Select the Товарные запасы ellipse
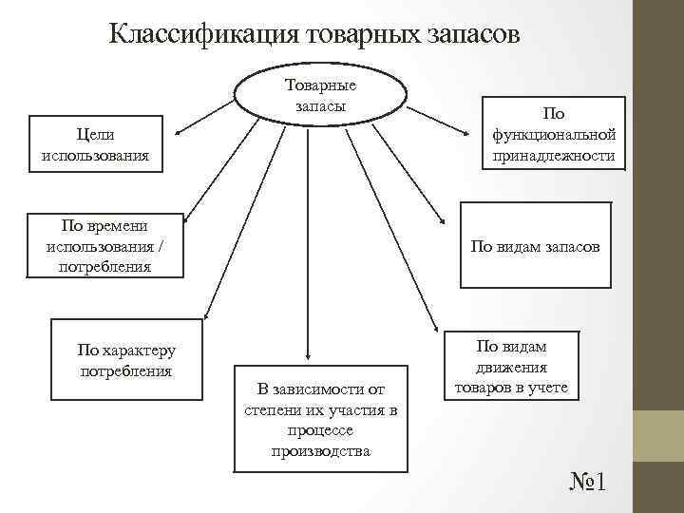click(320, 96)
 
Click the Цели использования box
click(95, 144)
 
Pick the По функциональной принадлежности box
click(554, 133)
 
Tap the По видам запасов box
click(535, 245)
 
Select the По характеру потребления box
click(126, 360)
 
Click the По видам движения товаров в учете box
click(511, 367)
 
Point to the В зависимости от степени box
click(320, 419)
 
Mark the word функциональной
click(554, 134)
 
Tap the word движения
click(511, 367)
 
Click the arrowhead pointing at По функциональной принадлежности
click(479, 113)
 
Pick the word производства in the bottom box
click(320, 450)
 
